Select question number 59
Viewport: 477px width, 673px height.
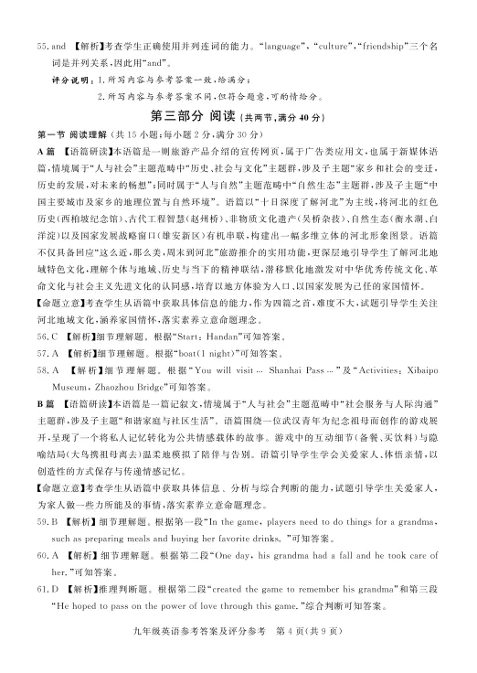(43, 522)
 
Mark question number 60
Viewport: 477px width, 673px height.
(43, 556)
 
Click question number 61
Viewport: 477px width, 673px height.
(43, 590)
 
